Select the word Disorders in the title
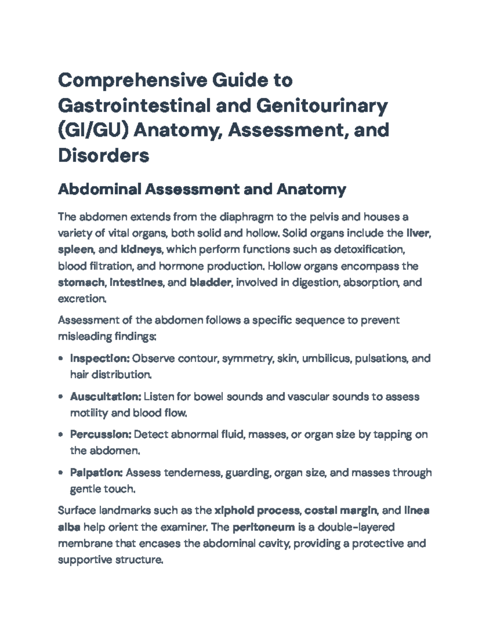click(x=104, y=155)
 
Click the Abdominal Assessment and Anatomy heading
click(x=202, y=189)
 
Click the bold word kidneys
click(x=141, y=250)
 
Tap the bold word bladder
click(x=210, y=283)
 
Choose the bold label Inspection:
click(x=100, y=358)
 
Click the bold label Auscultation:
click(x=106, y=396)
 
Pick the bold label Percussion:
click(x=101, y=434)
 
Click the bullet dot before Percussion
click(x=61, y=435)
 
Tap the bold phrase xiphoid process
click(x=257, y=511)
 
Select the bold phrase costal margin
click(x=341, y=511)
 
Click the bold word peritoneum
click(x=263, y=527)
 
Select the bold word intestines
click(x=136, y=283)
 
